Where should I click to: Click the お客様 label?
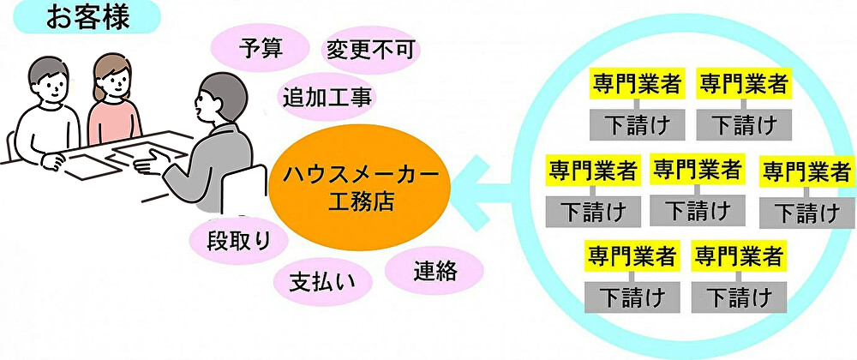click(75, 16)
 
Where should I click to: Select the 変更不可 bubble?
click(370, 50)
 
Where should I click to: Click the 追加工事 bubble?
click(327, 96)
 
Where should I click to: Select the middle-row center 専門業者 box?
click(696, 167)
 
